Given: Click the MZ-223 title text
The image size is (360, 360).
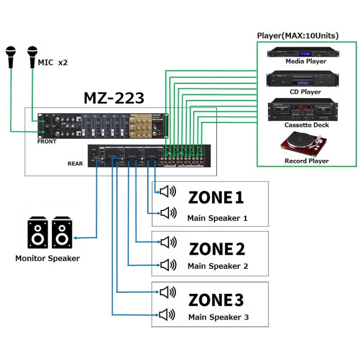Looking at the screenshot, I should [114, 98].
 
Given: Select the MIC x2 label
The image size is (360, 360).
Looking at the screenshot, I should [53, 62].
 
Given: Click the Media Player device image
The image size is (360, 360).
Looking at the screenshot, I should [305, 51].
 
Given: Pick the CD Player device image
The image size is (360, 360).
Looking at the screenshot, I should [305, 79].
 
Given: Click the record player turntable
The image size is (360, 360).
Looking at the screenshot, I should [305, 143].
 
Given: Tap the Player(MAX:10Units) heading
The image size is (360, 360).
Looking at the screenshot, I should [297, 36].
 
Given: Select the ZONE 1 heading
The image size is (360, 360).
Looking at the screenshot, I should [216, 197].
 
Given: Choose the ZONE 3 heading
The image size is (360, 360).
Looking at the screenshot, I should [216, 300].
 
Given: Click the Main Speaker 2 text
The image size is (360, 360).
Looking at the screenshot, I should [217, 266].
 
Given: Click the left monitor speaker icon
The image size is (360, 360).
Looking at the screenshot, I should [38, 233].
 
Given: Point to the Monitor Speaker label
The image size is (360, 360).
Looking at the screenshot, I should [47, 259].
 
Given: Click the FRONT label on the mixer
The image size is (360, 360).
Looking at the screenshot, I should [47, 141].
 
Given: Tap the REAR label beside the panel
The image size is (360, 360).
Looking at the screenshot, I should [75, 163].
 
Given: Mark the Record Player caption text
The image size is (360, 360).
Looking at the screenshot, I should [307, 161].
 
